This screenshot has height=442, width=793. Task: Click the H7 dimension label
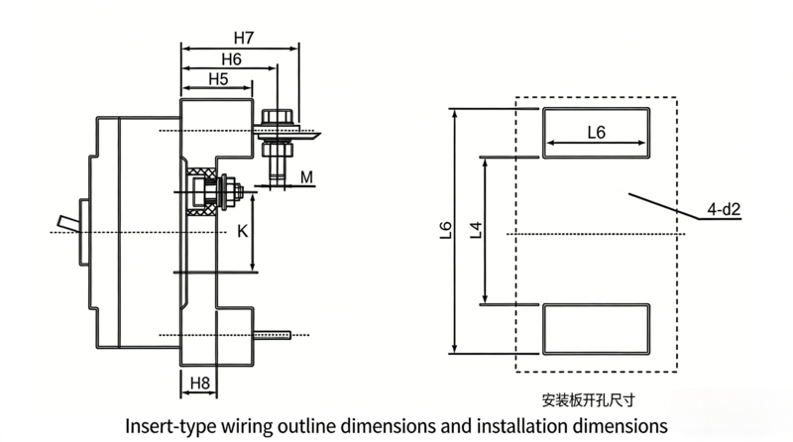point(244,38)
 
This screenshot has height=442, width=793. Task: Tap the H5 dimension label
point(219,79)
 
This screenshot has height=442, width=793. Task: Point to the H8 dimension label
point(199,382)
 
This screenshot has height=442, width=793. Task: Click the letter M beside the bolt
point(307,177)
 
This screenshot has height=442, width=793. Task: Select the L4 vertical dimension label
point(475,231)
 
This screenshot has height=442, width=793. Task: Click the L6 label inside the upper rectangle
point(597,132)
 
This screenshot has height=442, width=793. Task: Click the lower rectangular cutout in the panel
point(596,329)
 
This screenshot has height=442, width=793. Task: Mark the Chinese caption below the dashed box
point(595,401)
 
